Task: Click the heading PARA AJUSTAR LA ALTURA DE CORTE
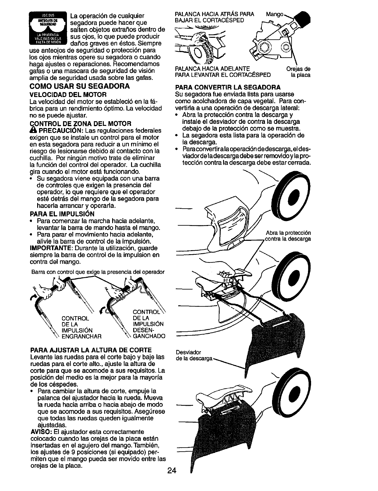coord(90,350)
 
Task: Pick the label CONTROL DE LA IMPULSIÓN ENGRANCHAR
coord(82,327)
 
